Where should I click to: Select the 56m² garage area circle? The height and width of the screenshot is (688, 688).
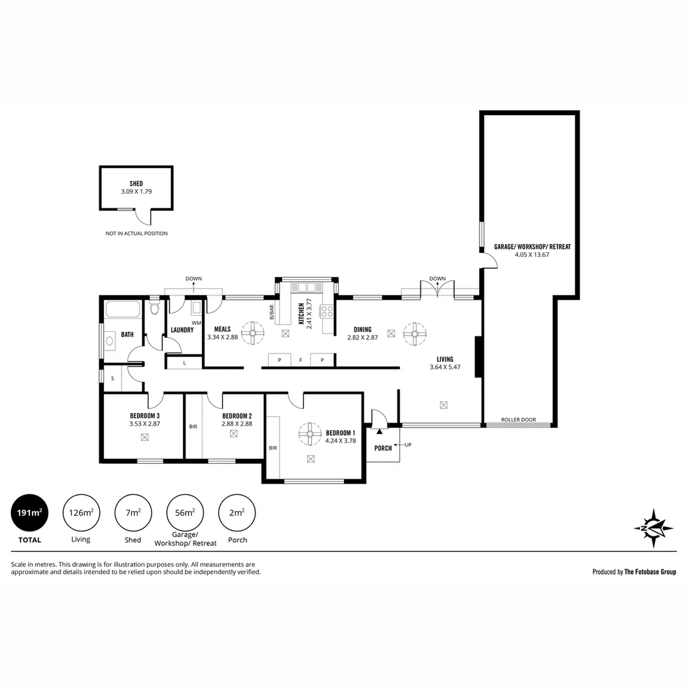click(x=185, y=512)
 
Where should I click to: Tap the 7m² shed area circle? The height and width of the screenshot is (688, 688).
click(x=133, y=512)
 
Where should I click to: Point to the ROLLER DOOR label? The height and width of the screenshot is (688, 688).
click(x=518, y=420)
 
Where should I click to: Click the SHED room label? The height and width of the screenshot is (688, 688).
click(x=136, y=183)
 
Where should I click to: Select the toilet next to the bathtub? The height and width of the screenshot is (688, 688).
click(x=154, y=308)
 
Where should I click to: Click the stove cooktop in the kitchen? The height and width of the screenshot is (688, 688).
click(x=327, y=312)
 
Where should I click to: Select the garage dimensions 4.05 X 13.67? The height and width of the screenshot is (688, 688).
click(x=532, y=255)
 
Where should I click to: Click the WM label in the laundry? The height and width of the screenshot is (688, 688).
click(x=196, y=323)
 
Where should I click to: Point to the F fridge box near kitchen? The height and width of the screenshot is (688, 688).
click(x=301, y=361)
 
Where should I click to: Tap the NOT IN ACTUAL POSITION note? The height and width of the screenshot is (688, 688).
click(x=136, y=234)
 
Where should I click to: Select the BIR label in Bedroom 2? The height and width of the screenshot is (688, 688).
click(x=193, y=427)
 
